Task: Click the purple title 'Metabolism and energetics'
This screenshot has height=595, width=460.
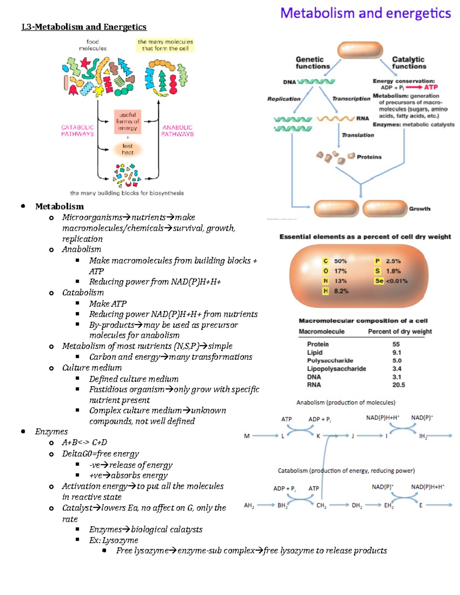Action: coord(365,13)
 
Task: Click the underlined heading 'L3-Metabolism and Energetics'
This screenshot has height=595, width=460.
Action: coord(84,27)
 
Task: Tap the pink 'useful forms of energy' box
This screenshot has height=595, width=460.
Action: coord(128,121)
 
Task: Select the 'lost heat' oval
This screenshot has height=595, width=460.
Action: coord(128,149)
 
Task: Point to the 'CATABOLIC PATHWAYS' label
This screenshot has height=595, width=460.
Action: coord(77,131)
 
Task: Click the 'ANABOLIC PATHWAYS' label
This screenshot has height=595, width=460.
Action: coord(177,131)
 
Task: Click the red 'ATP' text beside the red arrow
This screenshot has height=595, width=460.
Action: coord(430,87)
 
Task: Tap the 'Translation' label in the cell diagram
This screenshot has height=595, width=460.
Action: coord(358,135)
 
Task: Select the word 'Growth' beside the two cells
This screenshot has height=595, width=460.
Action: coord(419,209)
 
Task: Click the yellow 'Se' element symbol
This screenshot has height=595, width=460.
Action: coord(379,281)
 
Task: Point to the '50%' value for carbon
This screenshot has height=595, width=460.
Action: coord(340,261)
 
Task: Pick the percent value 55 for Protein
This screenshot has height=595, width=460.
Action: coord(396,344)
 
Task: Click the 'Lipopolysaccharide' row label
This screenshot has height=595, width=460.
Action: coord(336,369)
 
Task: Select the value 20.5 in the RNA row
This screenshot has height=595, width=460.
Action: coord(398,385)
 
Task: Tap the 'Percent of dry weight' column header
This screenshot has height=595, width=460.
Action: coord(399,331)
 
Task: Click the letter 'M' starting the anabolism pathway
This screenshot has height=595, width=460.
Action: coord(246,436)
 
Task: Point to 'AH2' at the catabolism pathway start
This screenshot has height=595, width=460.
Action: coord(249,505)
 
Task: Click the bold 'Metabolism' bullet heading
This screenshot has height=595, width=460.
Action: coord(59,207)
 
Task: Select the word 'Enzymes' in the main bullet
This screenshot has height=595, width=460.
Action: coord(51,432)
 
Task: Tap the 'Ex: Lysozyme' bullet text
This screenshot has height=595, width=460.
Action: coord(113,540)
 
